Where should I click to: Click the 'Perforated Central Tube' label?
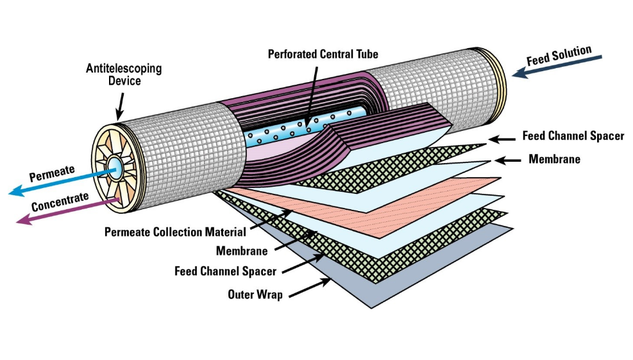pyautogui.click(x=323, y=54)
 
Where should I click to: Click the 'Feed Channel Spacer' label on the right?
pyautogui.click(x=573, y=136)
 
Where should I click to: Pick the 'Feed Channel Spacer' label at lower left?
pyautogui.click(x=225, y=271)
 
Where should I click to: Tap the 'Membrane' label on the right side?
pyautogui.click(x=554, y=159)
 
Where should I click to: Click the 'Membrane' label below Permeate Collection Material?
pyautogui.click(x=242, y=251)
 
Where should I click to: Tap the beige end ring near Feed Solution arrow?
pyautogui.click(x=500, y=64)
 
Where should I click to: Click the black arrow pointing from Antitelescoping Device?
pyautogui.click(x=119, y=105)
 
